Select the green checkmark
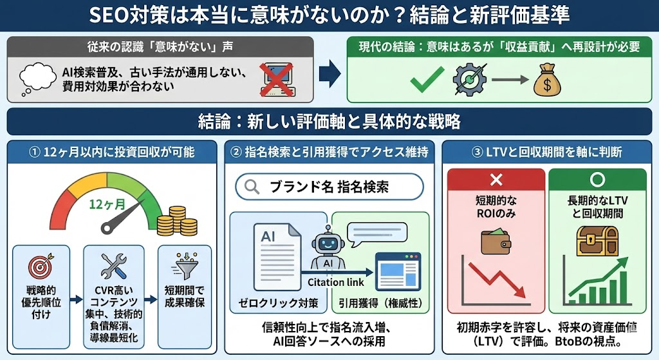tap(426, 79)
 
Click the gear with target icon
tap(471, 79)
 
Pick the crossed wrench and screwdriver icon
tap(113, 266)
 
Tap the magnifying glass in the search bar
tap(252, 187)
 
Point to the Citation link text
tap(336, 282)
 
